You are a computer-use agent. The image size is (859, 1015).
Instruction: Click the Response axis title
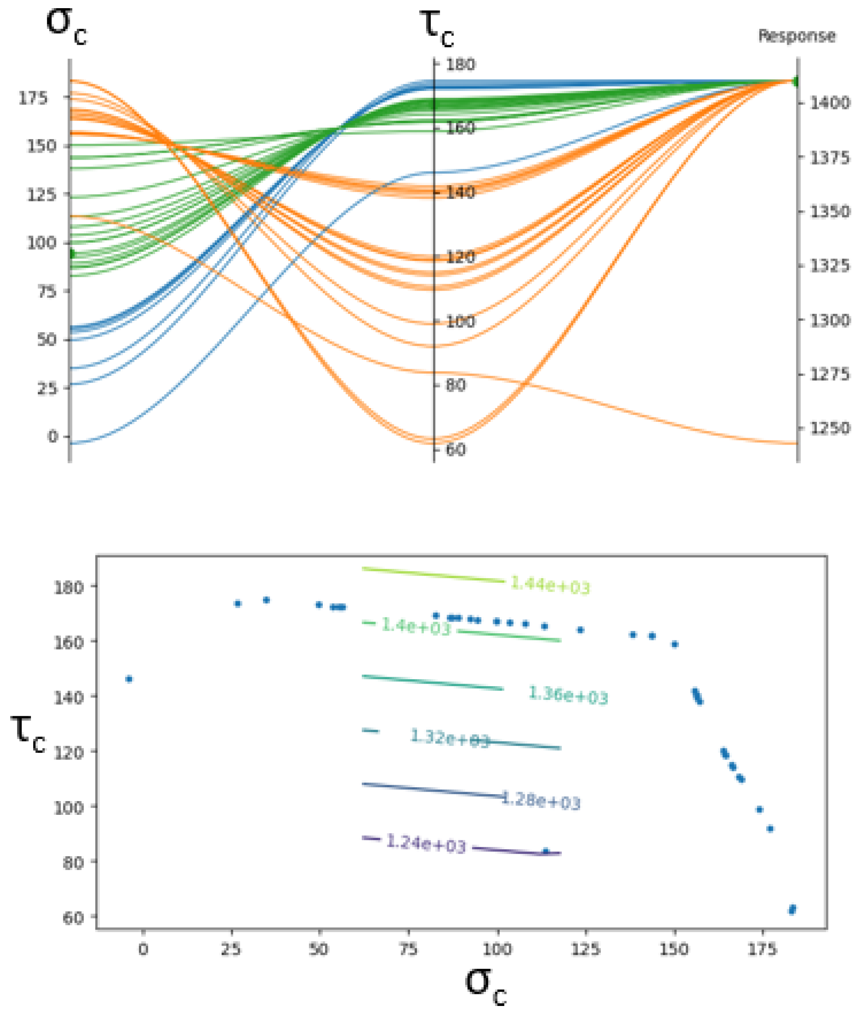pyautogui.click(x=797, y=36)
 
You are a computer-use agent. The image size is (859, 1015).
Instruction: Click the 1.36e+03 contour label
pyautogui.click(x=568, y=695)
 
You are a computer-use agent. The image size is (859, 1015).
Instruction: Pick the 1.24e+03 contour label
pyautogui.click(x=426, y=843)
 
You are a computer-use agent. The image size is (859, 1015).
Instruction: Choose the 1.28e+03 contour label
pyautogui.click(x=541, y=800)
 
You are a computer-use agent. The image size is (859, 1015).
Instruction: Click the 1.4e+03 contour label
pyautogui.click(x=416, y=626)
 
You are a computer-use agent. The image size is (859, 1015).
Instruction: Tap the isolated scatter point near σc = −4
pyautogui.click(x=129, y=679)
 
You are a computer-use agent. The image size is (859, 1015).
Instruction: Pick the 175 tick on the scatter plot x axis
pyautogui.click(x=763, y=949)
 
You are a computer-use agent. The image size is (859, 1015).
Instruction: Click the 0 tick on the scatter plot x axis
pyautogui.click(x=143, y=949)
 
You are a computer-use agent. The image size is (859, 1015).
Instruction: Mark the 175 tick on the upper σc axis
pyautogui.click(x=34, y=99)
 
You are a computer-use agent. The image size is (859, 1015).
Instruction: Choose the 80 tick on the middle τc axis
pyautogui.click(x=455, y=385)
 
